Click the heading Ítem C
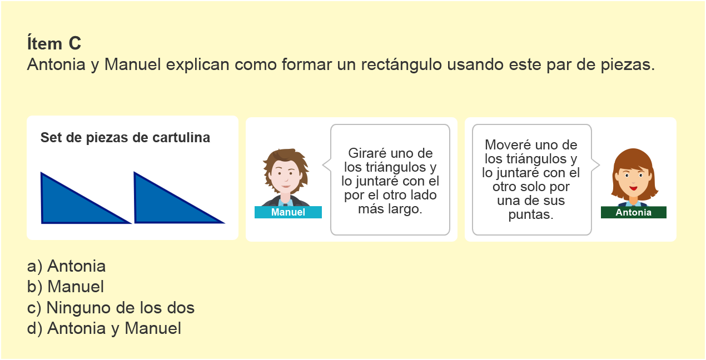(x=54, y=43)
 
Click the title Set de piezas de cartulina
(x=125, y=138)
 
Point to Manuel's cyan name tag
(x=288, y=212)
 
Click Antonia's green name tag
(x=634, y=212)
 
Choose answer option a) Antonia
(x=66, y=266)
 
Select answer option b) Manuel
(x=66, y=287)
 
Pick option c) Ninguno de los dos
(x=111, y=308)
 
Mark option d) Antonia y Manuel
(x=104, y=328)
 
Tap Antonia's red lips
(x=634, y=188)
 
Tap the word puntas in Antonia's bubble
(x=531, y=214)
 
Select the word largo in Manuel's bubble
(x=405, y=209)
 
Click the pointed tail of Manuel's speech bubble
(x=324, y=165)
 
